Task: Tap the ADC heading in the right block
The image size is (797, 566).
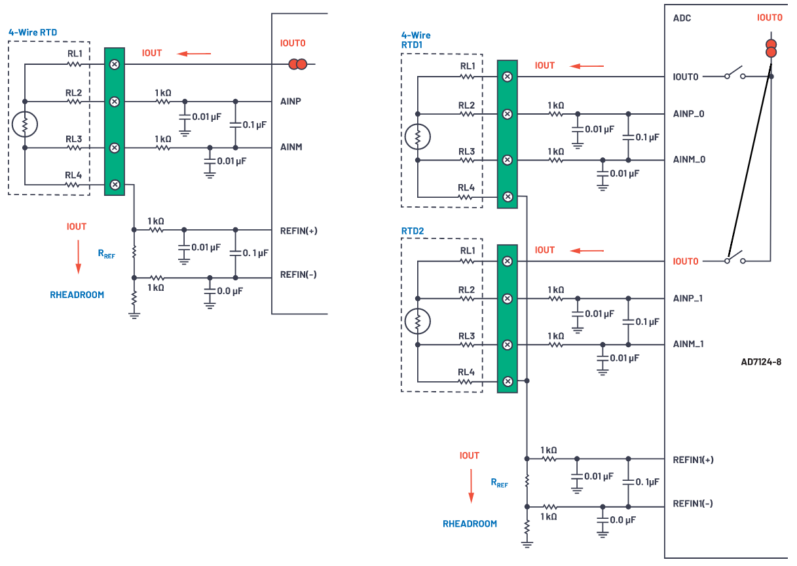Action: click(x=682, y=18)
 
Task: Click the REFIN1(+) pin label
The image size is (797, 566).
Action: click(x=693, y=459)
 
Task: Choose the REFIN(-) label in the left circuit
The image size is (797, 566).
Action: click(x=298, y=274)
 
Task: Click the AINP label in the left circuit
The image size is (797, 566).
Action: click(x=290, y=102)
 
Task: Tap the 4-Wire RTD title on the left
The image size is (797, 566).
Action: click(x=33, y=32)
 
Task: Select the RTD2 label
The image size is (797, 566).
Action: click(x=413, y=231)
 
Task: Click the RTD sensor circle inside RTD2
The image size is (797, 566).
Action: click(x=417, y=322)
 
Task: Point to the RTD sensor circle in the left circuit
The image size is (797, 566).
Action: click(x=24, y=124)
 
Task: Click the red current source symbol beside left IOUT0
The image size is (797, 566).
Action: click(x=299, y=64)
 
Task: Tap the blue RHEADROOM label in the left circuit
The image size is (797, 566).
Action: click(x=77, y=295)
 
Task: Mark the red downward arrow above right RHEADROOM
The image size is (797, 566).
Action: click(x=470, y=486)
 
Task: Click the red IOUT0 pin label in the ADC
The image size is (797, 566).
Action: click(x=686, y=261)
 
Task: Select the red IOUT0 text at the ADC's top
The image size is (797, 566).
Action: click(x=769, y=18)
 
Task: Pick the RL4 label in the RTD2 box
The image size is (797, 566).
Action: click(x=466, y=372)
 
